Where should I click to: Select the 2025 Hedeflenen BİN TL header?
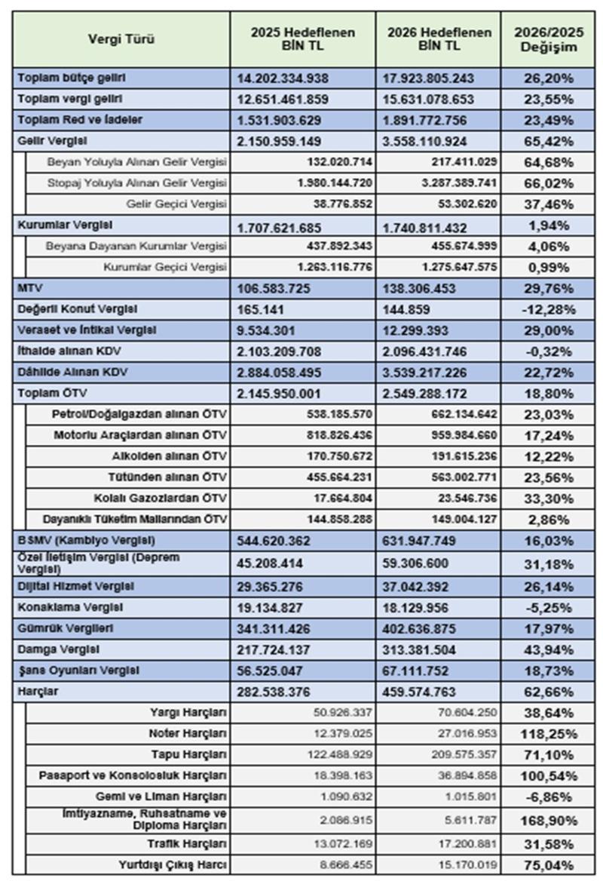click(302, 39)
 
